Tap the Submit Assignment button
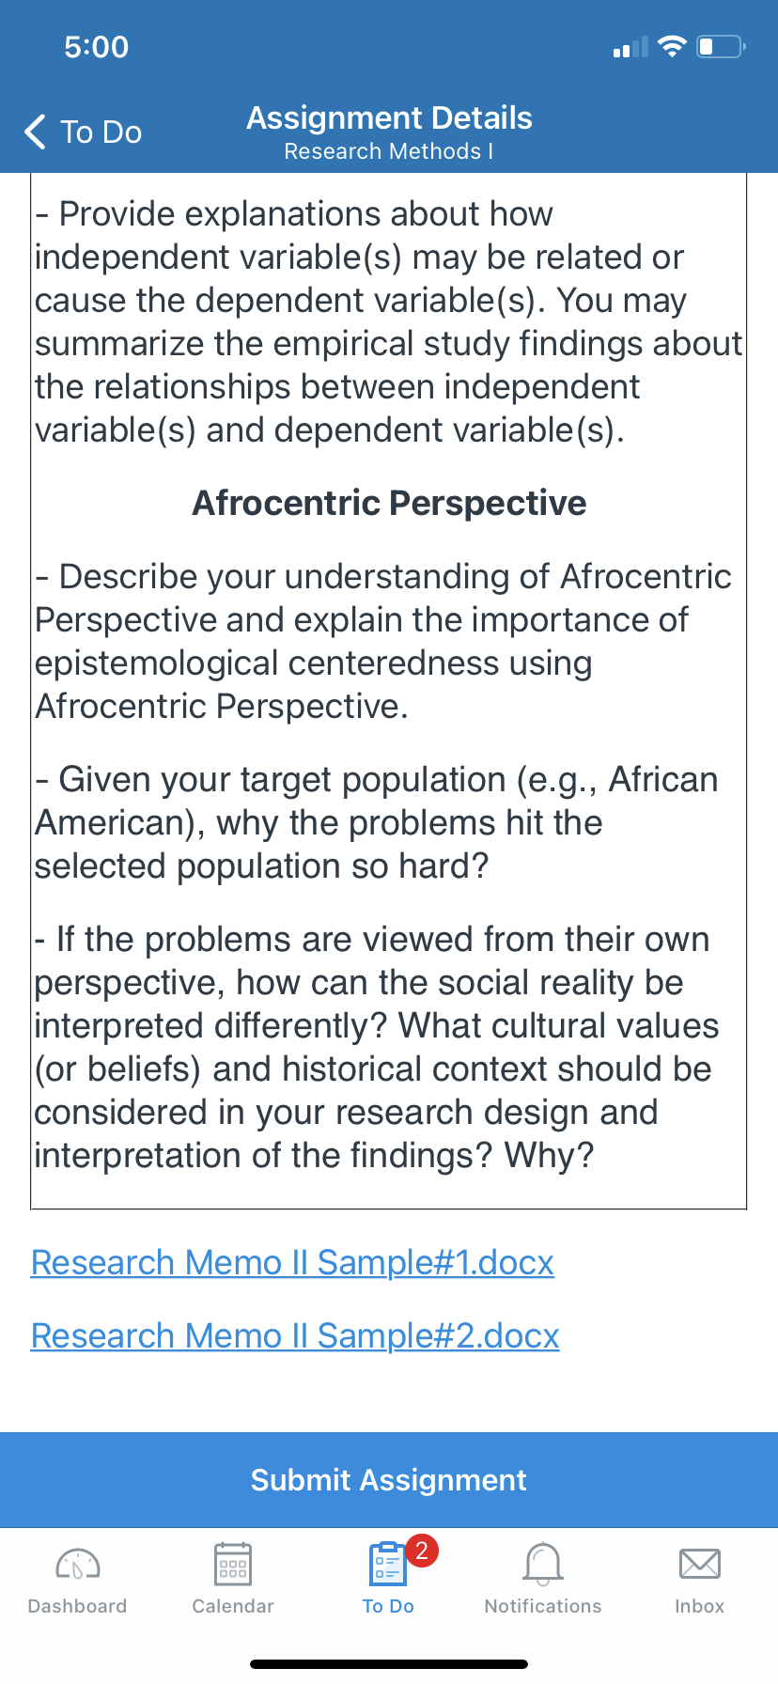point(389,1480)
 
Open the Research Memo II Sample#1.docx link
point(292,1262)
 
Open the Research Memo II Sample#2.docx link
point(295,1335)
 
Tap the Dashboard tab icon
point(78,1564)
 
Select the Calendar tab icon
point(233,1564)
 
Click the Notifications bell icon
point(543,1564)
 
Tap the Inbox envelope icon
point(700,1564)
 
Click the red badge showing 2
point(422,1550)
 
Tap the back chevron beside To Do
point(35,133)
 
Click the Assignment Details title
point(389,117)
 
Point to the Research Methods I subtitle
point(389,151)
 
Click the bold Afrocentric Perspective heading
point(389,503)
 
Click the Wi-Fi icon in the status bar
point(672,46)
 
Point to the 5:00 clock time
point(97,47)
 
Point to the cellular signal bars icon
point(630,47)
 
